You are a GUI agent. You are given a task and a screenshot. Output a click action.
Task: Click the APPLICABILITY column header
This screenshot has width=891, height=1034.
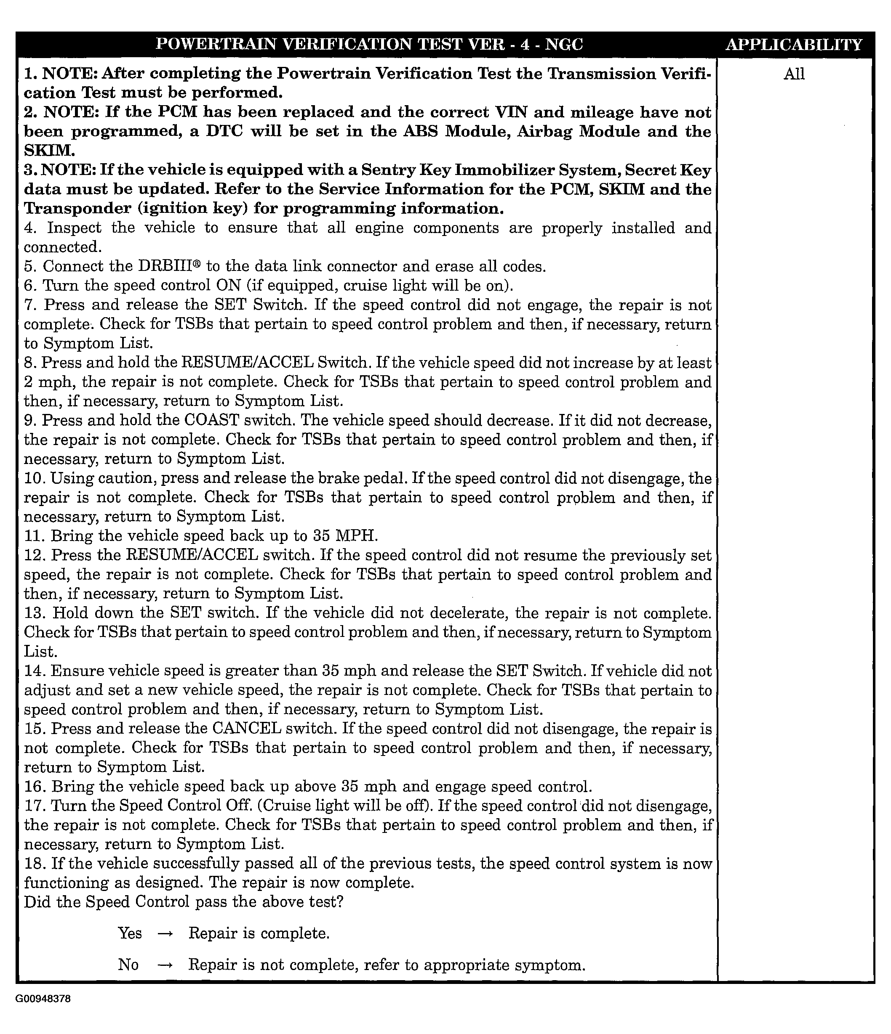(794, 45)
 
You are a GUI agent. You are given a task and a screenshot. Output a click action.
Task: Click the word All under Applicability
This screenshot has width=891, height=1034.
(794, 74)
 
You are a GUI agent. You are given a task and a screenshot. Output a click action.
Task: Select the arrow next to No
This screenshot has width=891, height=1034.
(165, 965)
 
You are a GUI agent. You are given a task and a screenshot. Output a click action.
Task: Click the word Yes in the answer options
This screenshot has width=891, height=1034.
(130, 933)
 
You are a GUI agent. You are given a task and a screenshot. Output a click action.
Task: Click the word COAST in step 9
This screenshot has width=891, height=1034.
(211, 420)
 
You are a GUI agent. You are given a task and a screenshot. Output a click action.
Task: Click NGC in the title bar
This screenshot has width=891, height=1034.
(564, 45)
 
